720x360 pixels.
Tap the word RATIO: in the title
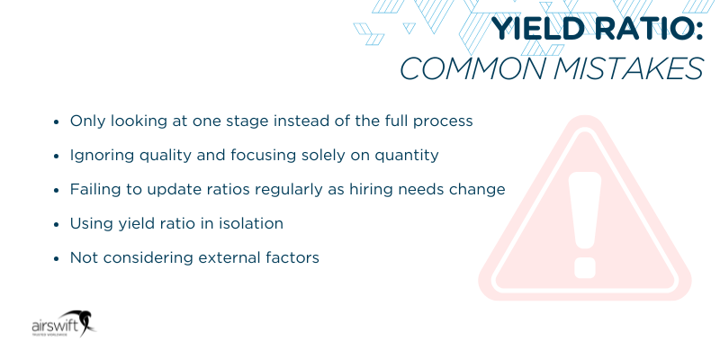[641, 31]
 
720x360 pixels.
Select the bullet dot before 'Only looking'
[56, 121]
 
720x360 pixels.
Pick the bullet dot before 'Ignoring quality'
[56, 155]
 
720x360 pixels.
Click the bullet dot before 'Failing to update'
[56, 189]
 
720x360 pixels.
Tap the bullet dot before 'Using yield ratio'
[56, 223]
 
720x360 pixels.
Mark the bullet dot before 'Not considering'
[56, 257]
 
